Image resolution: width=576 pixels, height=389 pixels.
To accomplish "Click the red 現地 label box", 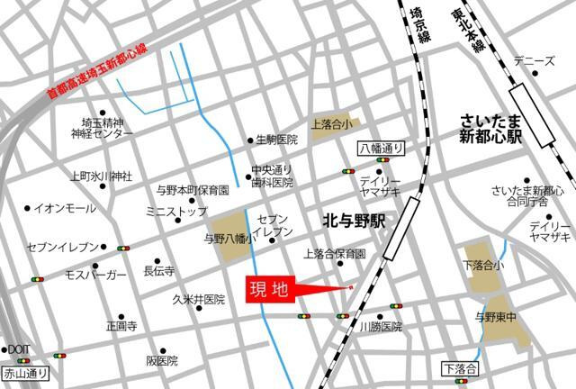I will coord(268,291).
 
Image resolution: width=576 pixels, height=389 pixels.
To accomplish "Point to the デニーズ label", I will coord(534,61).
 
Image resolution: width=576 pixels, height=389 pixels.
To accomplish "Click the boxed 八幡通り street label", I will coord(381,149).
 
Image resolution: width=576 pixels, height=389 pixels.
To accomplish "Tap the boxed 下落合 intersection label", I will coord(462,367).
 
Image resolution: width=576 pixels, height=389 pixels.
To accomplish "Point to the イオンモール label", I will coord(65,209).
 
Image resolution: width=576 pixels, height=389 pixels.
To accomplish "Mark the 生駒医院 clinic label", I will coord(276,140).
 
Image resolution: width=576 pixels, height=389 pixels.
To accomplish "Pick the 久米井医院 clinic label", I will coord(200,299).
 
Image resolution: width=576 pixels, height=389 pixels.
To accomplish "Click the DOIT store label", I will coord(19,349).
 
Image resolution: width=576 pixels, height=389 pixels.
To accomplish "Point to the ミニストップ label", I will coord(175,212).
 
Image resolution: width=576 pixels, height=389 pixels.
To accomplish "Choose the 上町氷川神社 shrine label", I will coord(102,176).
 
